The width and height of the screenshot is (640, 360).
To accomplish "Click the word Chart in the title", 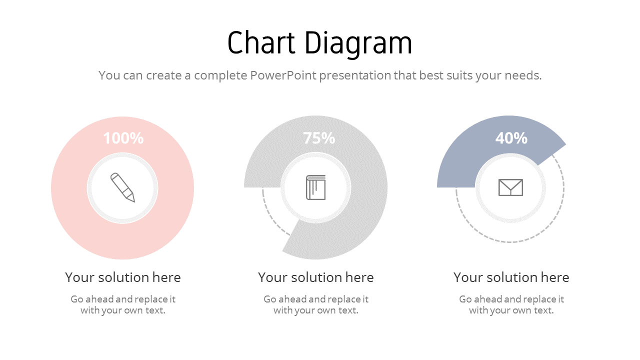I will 260,43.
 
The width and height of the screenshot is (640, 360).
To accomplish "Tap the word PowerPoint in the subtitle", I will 283,75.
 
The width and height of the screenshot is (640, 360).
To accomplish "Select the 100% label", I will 123,138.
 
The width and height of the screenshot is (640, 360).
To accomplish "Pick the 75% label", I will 319,138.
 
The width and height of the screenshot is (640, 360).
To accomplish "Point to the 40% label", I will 511,138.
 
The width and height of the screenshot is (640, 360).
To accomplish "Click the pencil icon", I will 122,187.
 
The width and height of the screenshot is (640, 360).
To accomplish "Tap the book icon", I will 315,187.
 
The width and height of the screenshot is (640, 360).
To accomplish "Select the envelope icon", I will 510,187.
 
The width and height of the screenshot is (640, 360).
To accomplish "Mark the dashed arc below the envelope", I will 510,242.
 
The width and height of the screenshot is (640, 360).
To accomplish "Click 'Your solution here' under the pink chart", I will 123,277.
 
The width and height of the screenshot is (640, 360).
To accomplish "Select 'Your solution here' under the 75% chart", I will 316,277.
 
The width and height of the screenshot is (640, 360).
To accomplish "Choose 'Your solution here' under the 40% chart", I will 511,277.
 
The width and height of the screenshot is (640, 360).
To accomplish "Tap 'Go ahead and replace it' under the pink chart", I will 123,299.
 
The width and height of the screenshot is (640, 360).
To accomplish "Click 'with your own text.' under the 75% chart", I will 316,310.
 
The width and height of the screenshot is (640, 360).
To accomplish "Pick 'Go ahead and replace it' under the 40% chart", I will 511,299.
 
